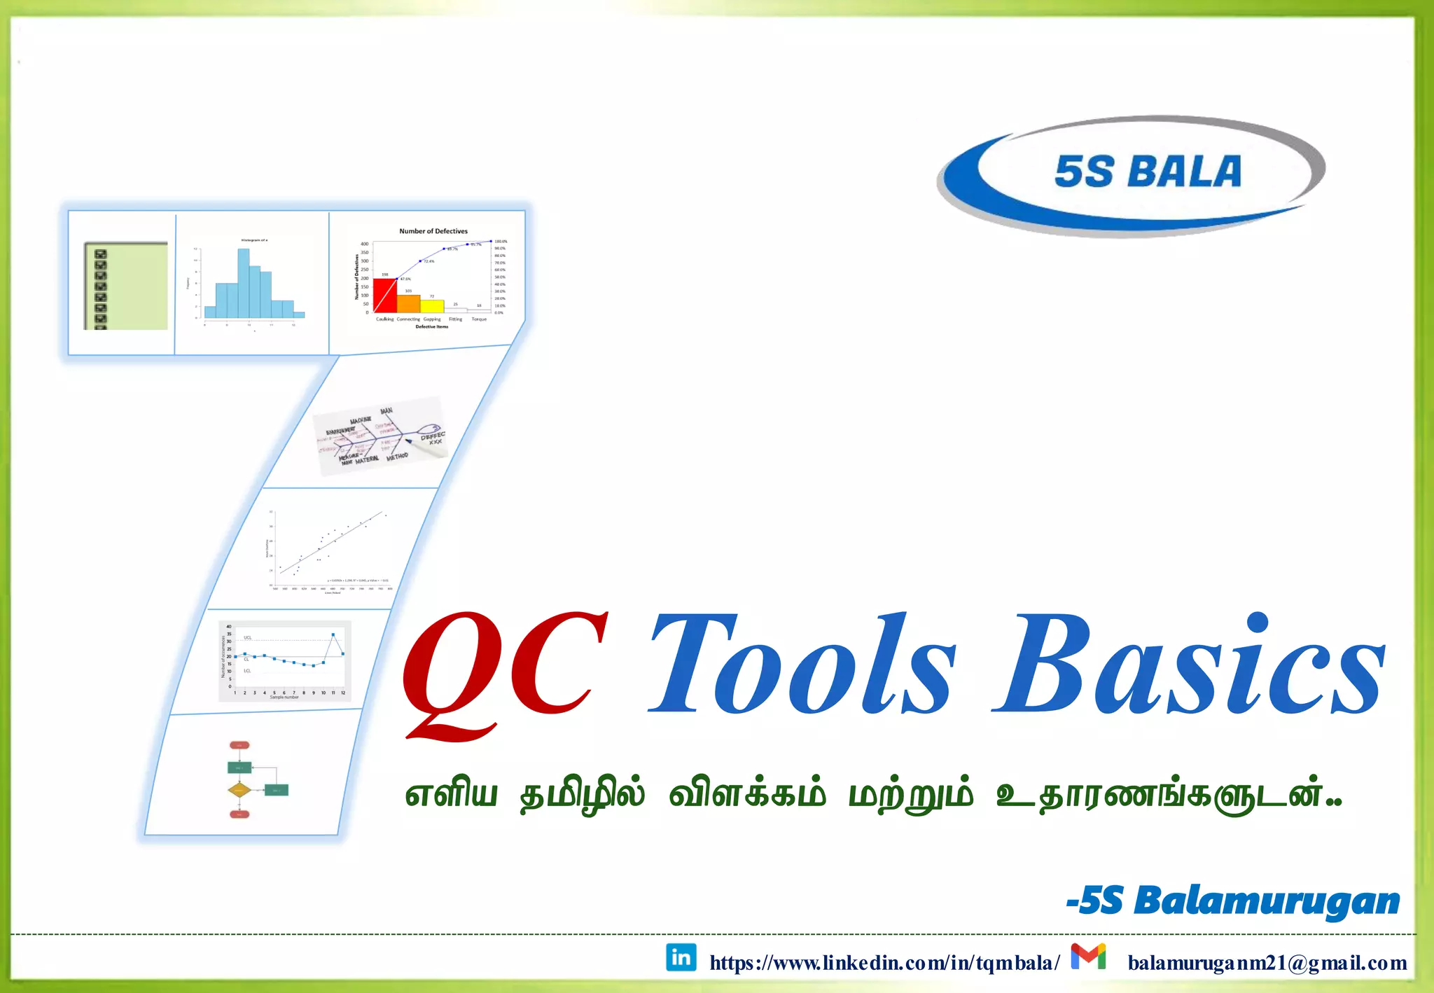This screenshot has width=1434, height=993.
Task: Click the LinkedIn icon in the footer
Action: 681,957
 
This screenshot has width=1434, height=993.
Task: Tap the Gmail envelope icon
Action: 1088,957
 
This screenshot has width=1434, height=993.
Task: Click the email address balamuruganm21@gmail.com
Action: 1267,963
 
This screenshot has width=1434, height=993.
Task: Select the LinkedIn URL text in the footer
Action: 884,963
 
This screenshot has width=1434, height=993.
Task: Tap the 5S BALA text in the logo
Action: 1148,172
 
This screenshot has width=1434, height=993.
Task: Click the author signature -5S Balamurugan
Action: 1233,901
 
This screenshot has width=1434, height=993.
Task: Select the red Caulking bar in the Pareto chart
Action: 384,296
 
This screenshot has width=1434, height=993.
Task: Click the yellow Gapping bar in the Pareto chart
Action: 432,306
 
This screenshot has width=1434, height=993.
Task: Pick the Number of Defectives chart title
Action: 433,231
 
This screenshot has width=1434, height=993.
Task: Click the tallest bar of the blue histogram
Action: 244,284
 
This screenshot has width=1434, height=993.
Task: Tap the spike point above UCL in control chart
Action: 333,634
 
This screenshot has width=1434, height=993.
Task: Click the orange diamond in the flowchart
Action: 239,790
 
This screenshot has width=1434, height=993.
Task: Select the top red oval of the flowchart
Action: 239,745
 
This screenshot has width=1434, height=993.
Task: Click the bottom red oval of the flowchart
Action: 239,814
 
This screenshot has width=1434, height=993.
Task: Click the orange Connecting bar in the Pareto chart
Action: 408,303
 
